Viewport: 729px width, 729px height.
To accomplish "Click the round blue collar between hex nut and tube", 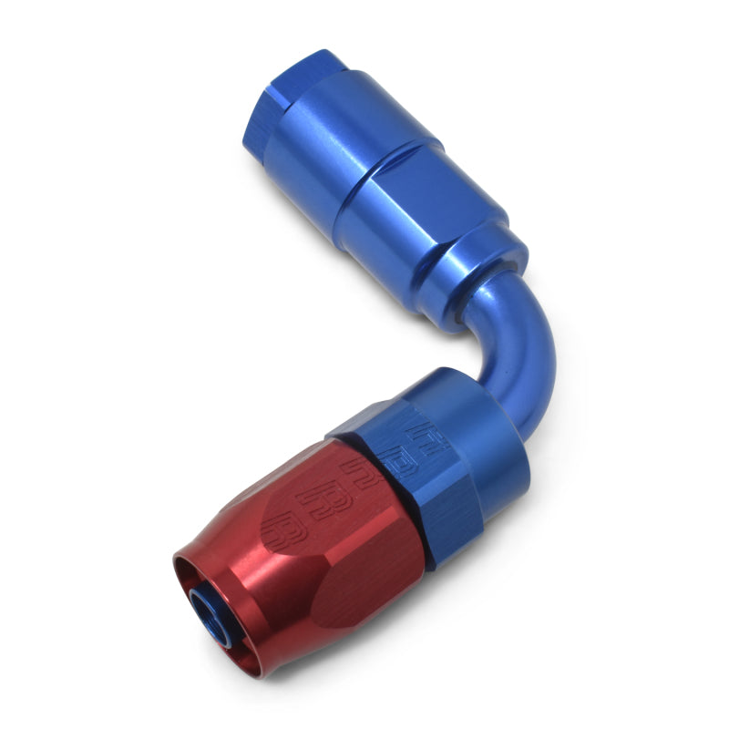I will point(474,410).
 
